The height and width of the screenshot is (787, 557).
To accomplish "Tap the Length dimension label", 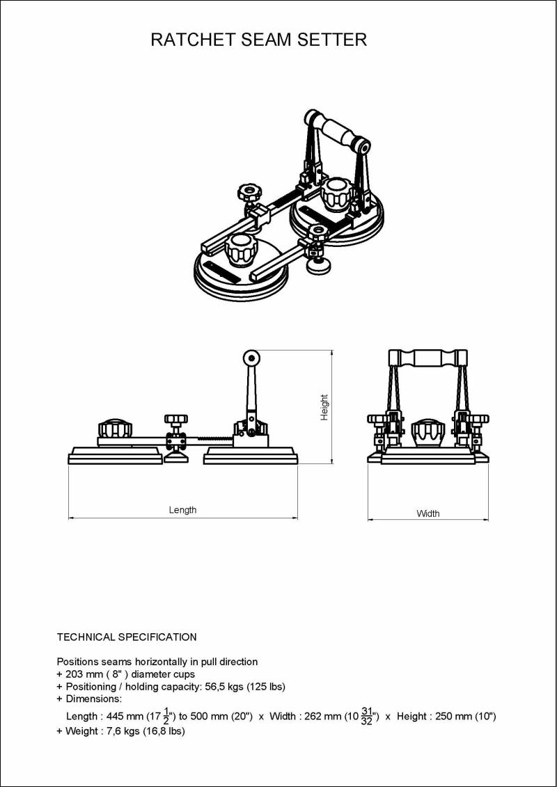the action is (x=183, y=510).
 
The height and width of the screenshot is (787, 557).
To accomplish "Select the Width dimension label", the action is (x=428, y=514).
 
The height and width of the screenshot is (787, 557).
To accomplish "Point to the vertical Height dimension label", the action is (x=324, y=408).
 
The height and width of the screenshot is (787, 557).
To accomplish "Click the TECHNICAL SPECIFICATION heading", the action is (x=127, y=637).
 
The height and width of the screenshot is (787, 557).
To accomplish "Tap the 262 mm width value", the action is (x=323, y=717).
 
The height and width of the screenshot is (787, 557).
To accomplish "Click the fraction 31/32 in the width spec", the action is (x=367, y=717).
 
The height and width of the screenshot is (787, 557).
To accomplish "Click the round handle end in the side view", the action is (x=251, y=358).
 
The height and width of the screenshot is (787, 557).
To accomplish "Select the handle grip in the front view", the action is (x=428, y=358).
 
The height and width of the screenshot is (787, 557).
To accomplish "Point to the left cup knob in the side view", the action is (x=115, y=429).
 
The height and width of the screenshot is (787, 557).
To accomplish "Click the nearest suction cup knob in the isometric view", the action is (x=241, y=251).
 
